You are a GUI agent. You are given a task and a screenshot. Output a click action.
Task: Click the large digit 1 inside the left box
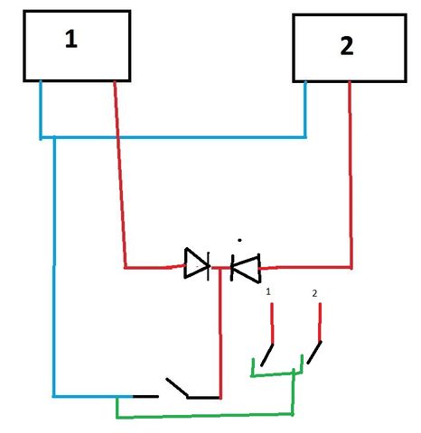click(71, 39)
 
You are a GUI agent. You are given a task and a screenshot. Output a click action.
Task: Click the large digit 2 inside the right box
click(347, 46)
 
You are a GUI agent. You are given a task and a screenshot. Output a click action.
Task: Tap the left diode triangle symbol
click(197, 263)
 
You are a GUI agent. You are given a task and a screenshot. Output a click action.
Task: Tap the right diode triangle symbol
click(246, 268)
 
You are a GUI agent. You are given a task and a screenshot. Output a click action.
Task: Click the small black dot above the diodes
click(239, 240)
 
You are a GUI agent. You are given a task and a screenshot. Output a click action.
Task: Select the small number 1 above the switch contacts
click(268, 291)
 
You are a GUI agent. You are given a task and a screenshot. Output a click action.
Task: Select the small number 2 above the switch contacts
click(314, 293)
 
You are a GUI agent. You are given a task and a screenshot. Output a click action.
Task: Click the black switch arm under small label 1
click(267, 355)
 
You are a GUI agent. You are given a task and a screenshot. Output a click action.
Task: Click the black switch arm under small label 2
click(314, 353)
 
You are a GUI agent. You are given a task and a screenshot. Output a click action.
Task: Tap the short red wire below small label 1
click(272, 323)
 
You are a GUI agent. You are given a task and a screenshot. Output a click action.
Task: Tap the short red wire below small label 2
click(320, 322)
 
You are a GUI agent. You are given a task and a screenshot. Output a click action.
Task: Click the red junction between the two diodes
click(220, 268)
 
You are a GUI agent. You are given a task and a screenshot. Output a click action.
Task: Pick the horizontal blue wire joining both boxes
click(173, 137)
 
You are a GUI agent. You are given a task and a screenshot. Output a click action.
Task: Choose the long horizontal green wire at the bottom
click(205, 416)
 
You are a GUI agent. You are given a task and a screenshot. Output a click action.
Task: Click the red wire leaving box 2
click(351, 174)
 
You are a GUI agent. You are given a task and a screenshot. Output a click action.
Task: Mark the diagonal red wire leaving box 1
click(120, 174)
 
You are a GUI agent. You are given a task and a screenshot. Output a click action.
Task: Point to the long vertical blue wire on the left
click(54, 266)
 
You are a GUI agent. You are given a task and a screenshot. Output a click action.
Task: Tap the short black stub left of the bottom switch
click(145, 397)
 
